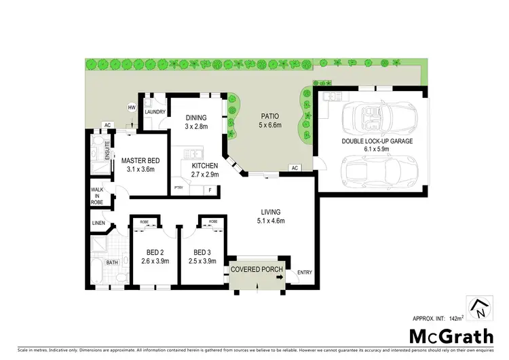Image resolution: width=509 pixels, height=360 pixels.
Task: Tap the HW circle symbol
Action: [131, 107]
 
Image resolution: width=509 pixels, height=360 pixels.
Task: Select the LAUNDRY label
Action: [155, 112]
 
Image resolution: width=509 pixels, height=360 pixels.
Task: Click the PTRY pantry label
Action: [179, 187]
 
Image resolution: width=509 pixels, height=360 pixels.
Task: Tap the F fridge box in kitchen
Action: [210, 188]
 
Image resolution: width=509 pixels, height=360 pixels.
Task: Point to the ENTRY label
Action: [304, 273]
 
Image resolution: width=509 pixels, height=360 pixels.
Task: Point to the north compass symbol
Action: [478, 309]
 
